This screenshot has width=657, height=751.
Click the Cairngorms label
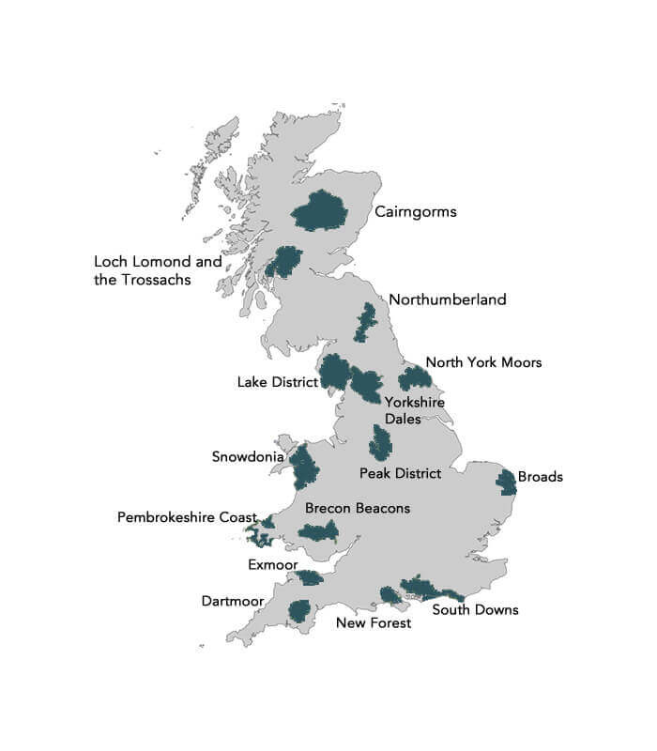(415, 211)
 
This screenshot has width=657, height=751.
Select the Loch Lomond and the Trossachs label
(158, 270)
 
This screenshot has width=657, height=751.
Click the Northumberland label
(448, 299)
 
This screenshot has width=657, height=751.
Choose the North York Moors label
(483, 361)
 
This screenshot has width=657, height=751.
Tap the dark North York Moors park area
(414, 378)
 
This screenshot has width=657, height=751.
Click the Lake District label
(277, 382)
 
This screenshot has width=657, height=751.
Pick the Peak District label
(400, 472)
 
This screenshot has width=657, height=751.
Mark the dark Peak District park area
(380, 442)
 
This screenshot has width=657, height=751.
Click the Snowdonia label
(243, 457)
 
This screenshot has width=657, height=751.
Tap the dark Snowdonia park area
(304, 467)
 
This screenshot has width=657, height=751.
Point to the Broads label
(540, 477)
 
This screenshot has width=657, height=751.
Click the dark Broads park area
(506, 482)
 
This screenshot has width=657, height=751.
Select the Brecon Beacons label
(358, 508)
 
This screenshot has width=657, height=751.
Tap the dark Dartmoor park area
(299, 611)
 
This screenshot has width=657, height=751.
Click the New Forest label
(374, 622)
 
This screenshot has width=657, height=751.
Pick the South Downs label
(475, 609)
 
